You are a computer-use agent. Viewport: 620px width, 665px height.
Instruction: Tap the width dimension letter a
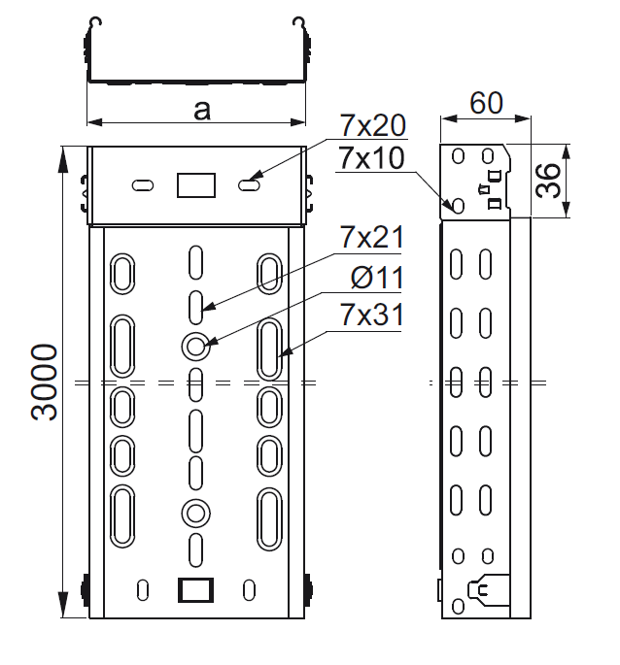coord(201,110)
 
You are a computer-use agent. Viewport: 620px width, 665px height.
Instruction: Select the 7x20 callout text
coord(372,124)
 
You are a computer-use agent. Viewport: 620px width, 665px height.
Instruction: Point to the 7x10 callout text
coord(372,157)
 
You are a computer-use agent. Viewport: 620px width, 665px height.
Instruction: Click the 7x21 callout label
coord(372,237)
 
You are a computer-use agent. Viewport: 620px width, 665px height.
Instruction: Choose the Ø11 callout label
coord(375,279)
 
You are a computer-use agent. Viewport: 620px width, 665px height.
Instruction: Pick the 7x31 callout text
coord(372,316)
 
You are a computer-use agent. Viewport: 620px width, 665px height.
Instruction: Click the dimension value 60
coord(485,103)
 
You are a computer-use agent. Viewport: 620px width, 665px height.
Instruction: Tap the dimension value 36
coord(550,181)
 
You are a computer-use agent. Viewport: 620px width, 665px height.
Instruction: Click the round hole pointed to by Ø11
coord(195,345)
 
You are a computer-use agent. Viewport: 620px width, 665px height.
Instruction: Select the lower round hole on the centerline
coord(195,512)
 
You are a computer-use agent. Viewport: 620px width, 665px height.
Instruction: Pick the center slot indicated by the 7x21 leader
coord(195,305)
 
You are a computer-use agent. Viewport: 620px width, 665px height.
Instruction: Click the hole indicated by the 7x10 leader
coord(456,205)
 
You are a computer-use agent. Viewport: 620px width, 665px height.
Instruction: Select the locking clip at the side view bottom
coord(489,588)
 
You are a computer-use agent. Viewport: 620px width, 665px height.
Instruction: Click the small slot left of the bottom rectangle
coord(143,588)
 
